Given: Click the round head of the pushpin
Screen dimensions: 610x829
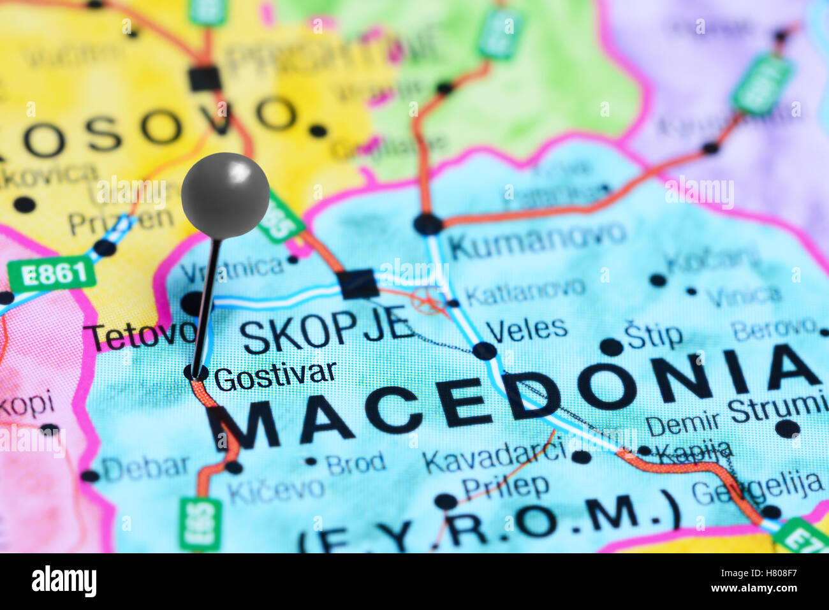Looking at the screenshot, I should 225,196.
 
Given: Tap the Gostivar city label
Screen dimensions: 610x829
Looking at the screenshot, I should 275,377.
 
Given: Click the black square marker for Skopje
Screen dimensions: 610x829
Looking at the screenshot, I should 358,284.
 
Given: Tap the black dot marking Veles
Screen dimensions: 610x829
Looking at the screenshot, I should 485,351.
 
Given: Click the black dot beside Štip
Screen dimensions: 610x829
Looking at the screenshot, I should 611,347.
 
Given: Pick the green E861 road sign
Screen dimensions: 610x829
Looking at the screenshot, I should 52,274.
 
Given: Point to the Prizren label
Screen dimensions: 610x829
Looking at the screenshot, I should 121,221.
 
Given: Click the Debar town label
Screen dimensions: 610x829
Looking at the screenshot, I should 145,468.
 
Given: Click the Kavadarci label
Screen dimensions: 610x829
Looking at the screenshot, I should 494,456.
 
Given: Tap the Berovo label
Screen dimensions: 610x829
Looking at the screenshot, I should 773,329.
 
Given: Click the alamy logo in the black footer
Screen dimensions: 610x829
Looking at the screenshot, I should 64,581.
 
